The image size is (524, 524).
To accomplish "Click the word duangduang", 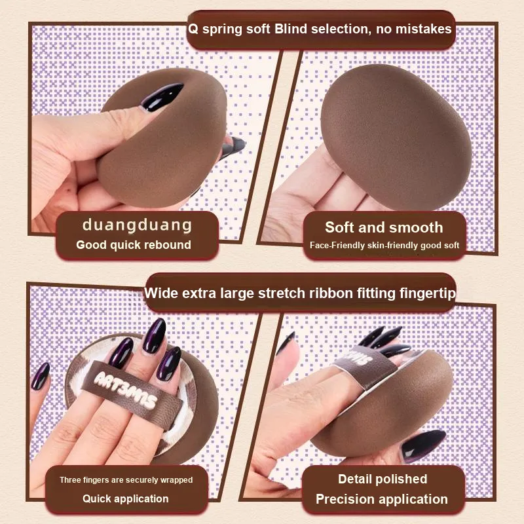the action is [137, 225].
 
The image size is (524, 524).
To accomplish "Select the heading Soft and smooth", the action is [384, 227].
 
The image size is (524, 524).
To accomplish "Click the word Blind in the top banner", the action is [290, 29].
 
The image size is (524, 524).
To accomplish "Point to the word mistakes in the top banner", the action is [423, 29].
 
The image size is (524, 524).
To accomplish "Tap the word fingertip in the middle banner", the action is [429, 293].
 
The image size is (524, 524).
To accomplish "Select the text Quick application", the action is [126, 498].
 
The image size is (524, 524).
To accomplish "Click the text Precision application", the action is [382, 499].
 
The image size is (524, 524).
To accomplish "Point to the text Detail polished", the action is [383, 479].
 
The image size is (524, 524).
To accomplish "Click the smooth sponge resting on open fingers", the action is [396, 137].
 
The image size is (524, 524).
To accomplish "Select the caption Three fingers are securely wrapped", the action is [126, 480].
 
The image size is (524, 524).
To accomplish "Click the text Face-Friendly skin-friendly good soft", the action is [384, 245].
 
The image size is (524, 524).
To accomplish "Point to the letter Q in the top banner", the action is [193, 29].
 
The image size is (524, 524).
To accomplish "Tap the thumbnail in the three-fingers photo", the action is [41, 377].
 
